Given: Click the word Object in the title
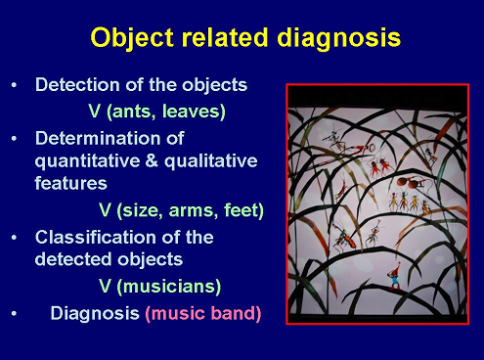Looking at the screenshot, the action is click(132, 38).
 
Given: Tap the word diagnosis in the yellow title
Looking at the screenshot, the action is click(338, 38).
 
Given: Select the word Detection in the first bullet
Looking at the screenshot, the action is click(77, 85).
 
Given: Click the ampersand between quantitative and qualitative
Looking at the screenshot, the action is click(153, 160).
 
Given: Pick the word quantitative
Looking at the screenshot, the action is click(88, 161).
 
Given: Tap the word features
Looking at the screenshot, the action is click(70, 183).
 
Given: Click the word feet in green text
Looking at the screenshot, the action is click(241, 210).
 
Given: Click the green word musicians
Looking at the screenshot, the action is click(168, 287).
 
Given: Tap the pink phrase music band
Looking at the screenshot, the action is click(203, 313).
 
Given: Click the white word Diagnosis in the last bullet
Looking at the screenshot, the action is click(95, 314).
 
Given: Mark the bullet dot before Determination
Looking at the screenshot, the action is click(14, 139).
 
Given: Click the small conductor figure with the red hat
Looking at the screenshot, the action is click(394, 277).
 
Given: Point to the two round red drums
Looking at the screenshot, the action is click(408, 183).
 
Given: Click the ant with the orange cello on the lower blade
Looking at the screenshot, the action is click(344, 238).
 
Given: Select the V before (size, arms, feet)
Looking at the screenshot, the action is click(105, 210).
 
